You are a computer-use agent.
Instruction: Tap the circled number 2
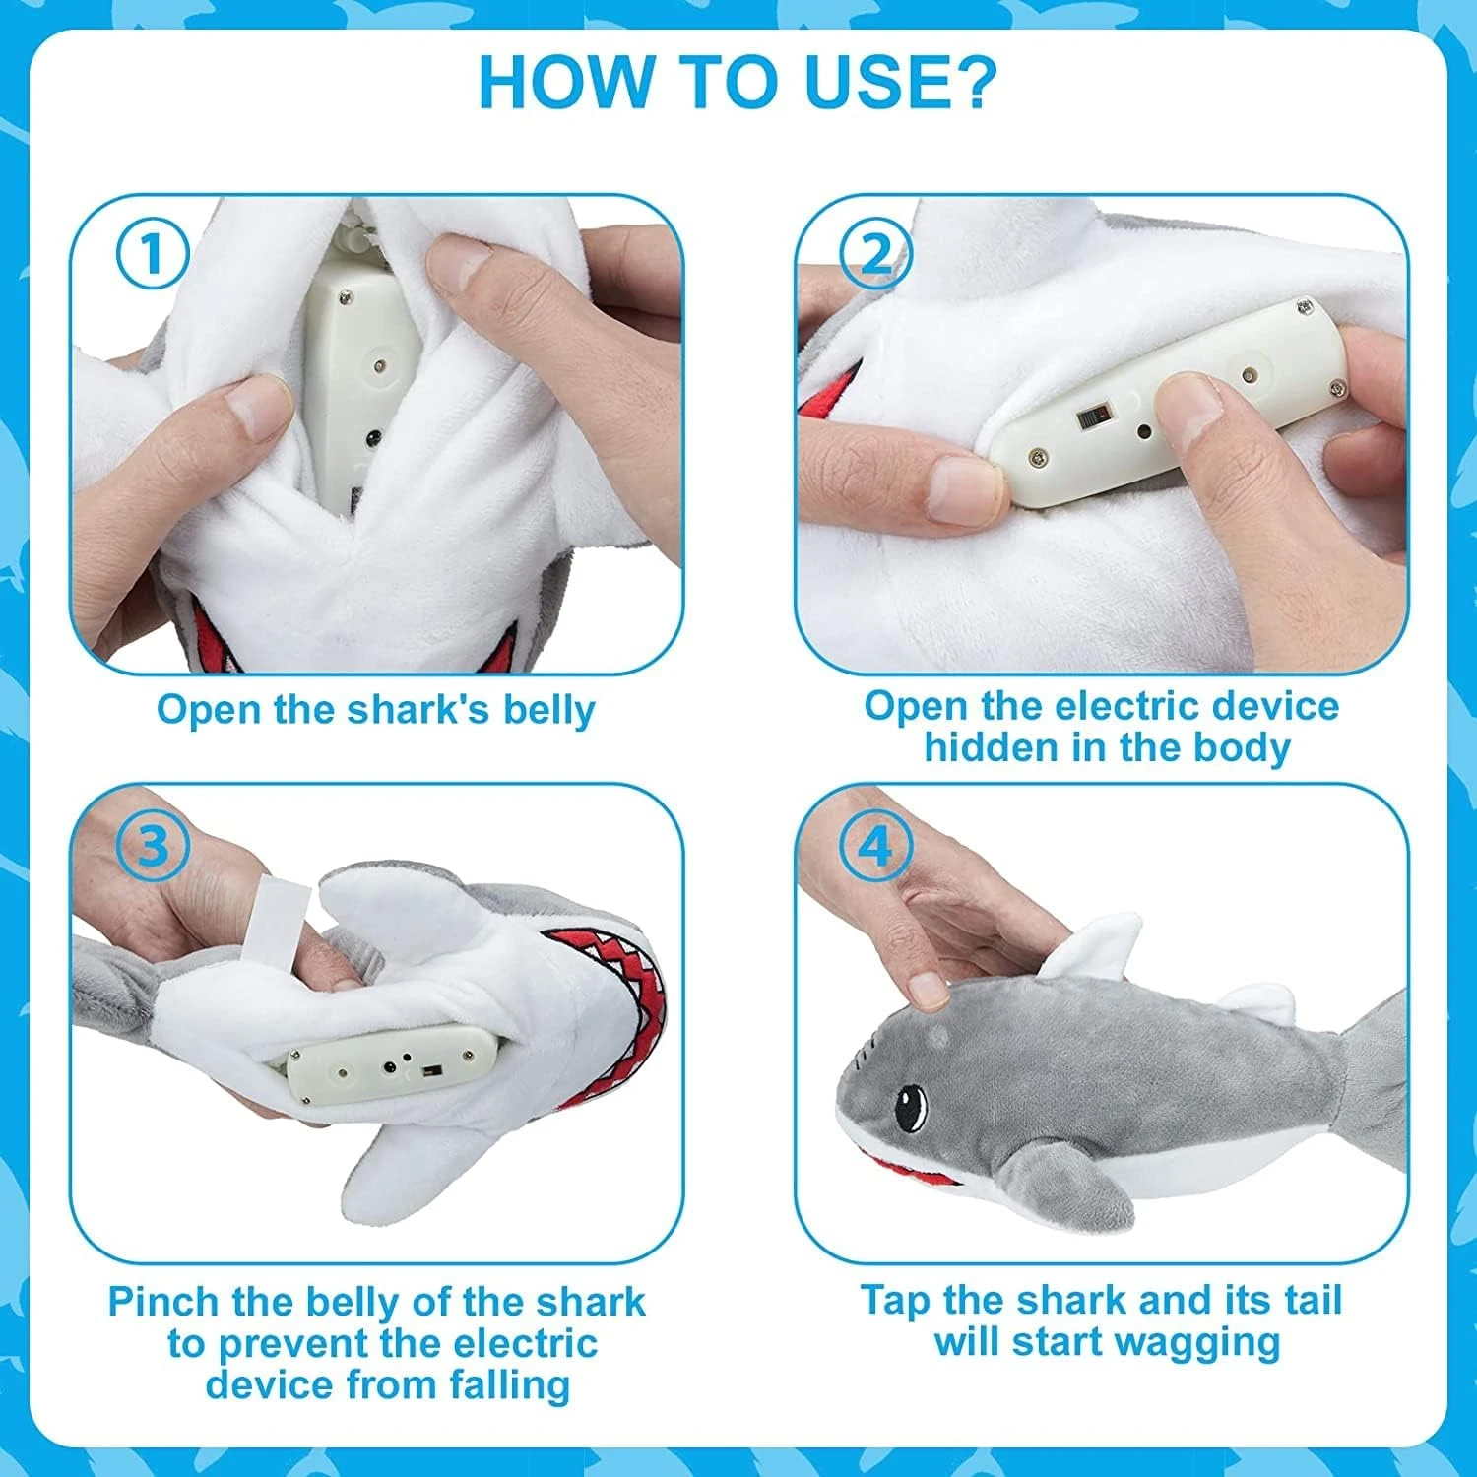(876, 255)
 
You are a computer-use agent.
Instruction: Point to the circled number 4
(876, 846)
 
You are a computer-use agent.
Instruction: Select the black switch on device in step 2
(1090, 417)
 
